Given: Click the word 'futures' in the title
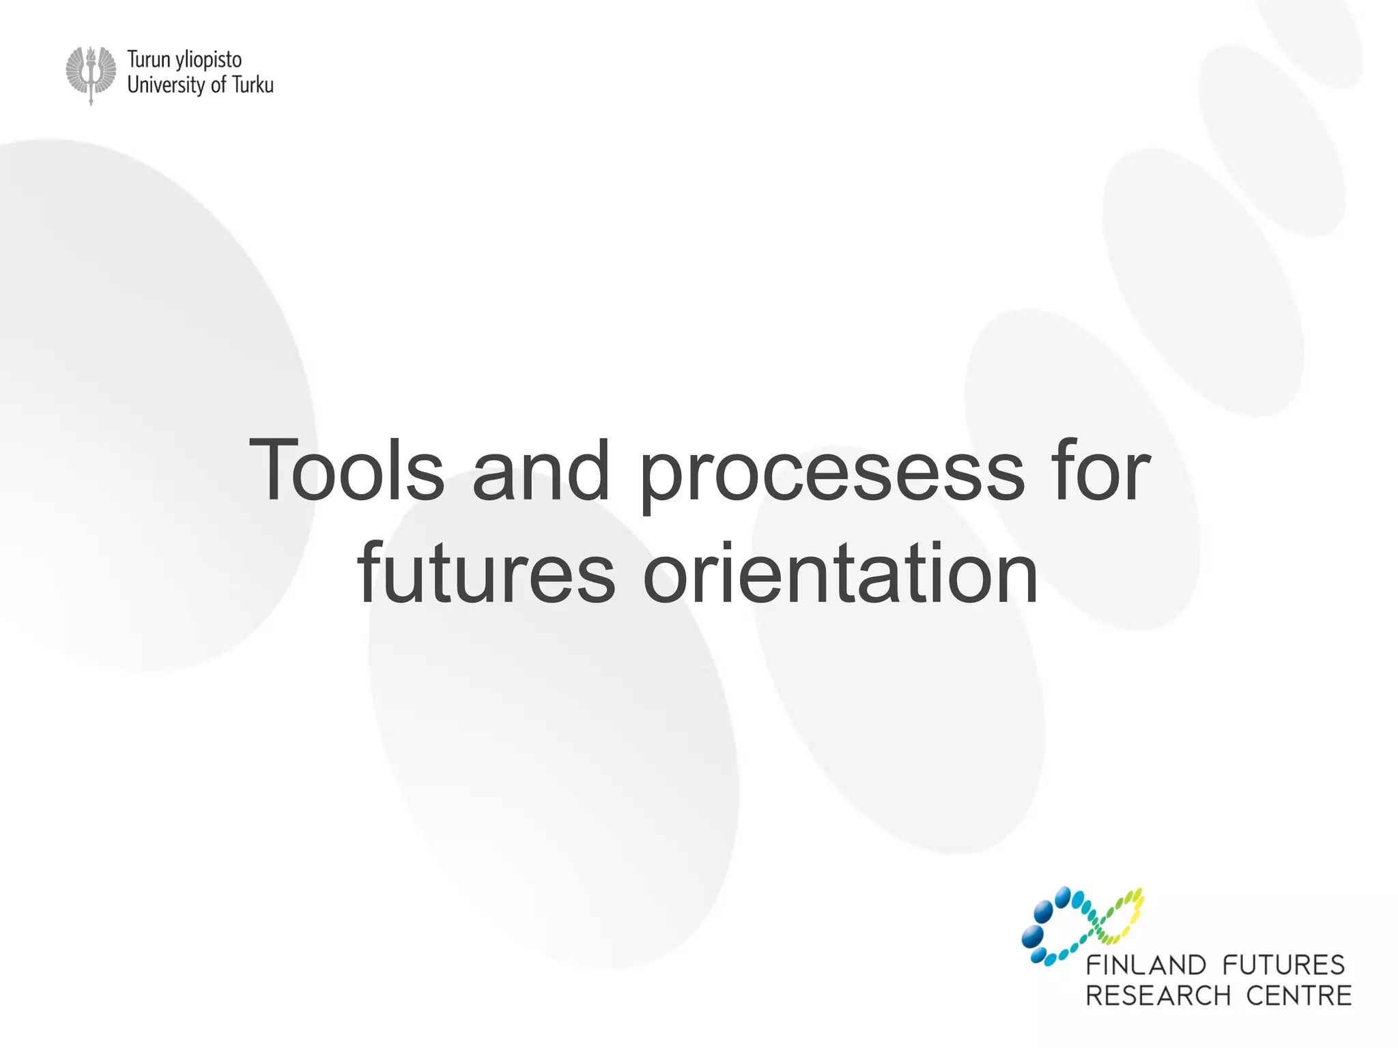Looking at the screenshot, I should pyautogui.click(x=486, y=573).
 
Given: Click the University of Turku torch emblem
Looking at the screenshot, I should pyautogui.click(x=91, y=74).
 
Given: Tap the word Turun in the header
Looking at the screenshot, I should pyautogui.click(x=148, y=60).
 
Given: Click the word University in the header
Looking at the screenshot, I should pyautogui.click(x=166, y=85).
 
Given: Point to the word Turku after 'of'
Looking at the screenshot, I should pyautogui.click(x=253, y=85).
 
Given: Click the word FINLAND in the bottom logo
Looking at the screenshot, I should pyautogui.click(x=1146, y=965).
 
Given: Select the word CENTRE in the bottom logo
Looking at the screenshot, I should pyautogui.click(x=1298, y=996).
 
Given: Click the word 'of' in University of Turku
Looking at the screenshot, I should pyautogui.click(x=218, y=85).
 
